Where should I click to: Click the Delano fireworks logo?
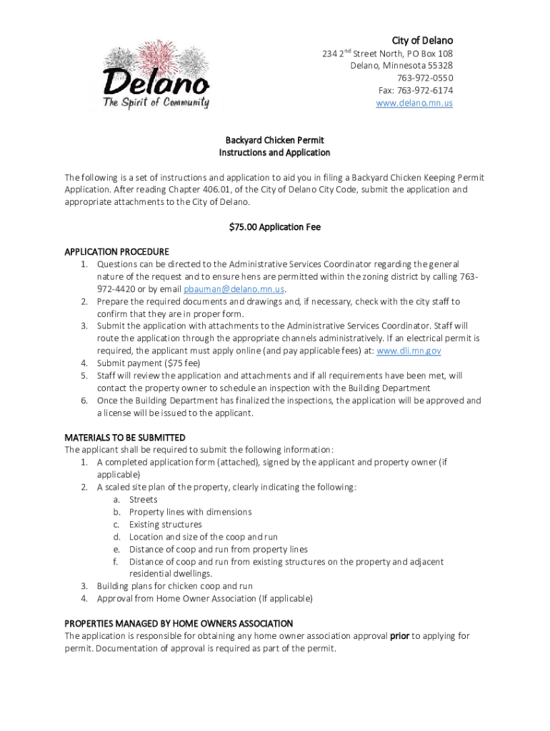[156, 75]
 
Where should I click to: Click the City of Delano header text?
[421, 40]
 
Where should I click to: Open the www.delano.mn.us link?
[414, 103]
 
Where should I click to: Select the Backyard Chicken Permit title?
[275, 141]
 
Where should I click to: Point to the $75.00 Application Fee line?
[275, 227]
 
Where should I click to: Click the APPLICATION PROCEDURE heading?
[116, 252]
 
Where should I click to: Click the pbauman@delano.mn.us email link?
[234, 289]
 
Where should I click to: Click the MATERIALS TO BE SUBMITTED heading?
[125, 438]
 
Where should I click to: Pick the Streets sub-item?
[143, 500]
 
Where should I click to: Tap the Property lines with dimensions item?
[190, 512]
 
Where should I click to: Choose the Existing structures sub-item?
[165, 525]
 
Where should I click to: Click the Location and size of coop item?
[203, 537]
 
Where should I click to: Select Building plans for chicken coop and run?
[174, 586]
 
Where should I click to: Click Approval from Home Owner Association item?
[204, 599]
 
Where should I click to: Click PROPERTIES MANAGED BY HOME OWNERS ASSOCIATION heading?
[179, 623]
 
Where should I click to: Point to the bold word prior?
[399, 636]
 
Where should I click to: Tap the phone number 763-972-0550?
[426, 78]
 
